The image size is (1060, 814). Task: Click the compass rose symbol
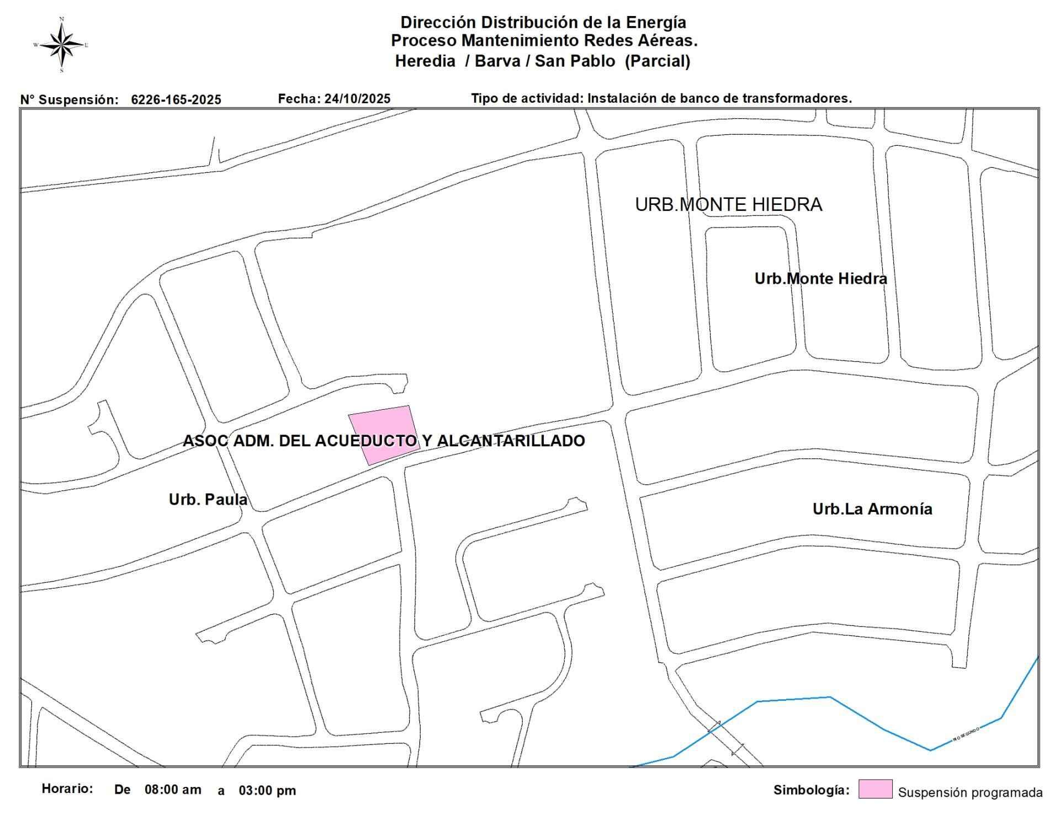62,45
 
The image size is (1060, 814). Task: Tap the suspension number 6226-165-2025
176,100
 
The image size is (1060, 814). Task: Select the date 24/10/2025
357,99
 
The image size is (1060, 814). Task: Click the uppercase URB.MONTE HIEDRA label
728,205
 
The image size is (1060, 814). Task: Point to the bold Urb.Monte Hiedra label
820,279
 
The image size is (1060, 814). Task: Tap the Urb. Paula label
208,500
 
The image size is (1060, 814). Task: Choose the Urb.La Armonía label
872,509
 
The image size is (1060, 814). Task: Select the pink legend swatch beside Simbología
875,789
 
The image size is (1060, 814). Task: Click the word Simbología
811,790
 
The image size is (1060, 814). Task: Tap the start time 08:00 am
173,790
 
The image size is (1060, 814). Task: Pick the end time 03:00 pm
267,791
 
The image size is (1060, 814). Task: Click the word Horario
67,789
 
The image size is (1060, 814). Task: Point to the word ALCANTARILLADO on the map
511,441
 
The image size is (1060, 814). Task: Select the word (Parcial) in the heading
657,61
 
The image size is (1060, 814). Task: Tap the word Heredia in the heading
425,61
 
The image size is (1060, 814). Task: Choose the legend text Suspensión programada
970,793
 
